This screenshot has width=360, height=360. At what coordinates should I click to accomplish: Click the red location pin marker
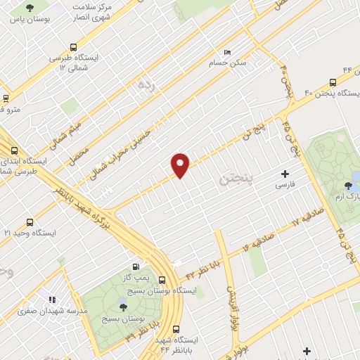pos(181,164)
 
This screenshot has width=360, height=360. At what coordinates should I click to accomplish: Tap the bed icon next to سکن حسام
pos(226,53)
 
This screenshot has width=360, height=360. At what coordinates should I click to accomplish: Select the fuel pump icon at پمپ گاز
pos(136,266)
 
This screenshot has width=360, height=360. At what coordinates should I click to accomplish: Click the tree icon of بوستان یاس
pos(29,9)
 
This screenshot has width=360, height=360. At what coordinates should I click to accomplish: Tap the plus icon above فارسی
pos(285,174)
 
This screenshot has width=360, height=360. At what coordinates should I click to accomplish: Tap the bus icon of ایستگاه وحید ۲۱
pos(29,221)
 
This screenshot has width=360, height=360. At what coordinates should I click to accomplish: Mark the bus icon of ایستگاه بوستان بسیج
pos(162,279)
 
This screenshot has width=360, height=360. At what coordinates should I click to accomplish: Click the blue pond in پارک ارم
pos(355,176)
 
